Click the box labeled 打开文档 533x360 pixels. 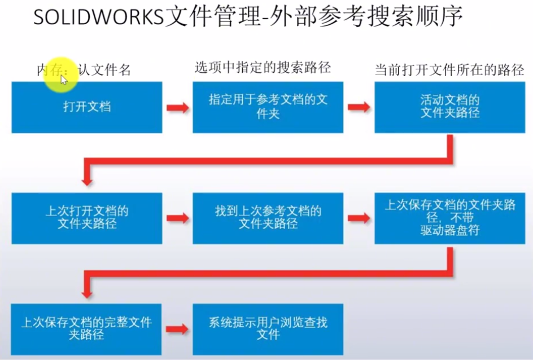click(x=86, y=107)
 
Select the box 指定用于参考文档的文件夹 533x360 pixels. click(x=268, y=107)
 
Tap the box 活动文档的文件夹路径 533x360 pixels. click(x=449, y=107)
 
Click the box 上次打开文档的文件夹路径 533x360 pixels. click(x=86, y=218)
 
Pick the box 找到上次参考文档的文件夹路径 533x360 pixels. click(x=268, y=218)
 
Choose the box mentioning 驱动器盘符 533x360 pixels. click(x=449, y=218)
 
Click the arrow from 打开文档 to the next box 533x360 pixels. click(x=177, y=107)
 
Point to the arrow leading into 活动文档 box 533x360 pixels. click(x=359, y=107)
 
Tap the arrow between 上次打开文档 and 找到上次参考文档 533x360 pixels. click(x=177, y=218)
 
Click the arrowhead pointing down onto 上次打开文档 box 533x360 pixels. click(x=86, y=179)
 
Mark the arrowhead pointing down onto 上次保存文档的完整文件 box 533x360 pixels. click(x=86, y=291)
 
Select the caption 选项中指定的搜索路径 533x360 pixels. click(x=263, y=68)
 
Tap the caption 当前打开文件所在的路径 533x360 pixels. click(x=449, y=71)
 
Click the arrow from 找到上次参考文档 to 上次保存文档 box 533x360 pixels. click(x=359, y=218)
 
